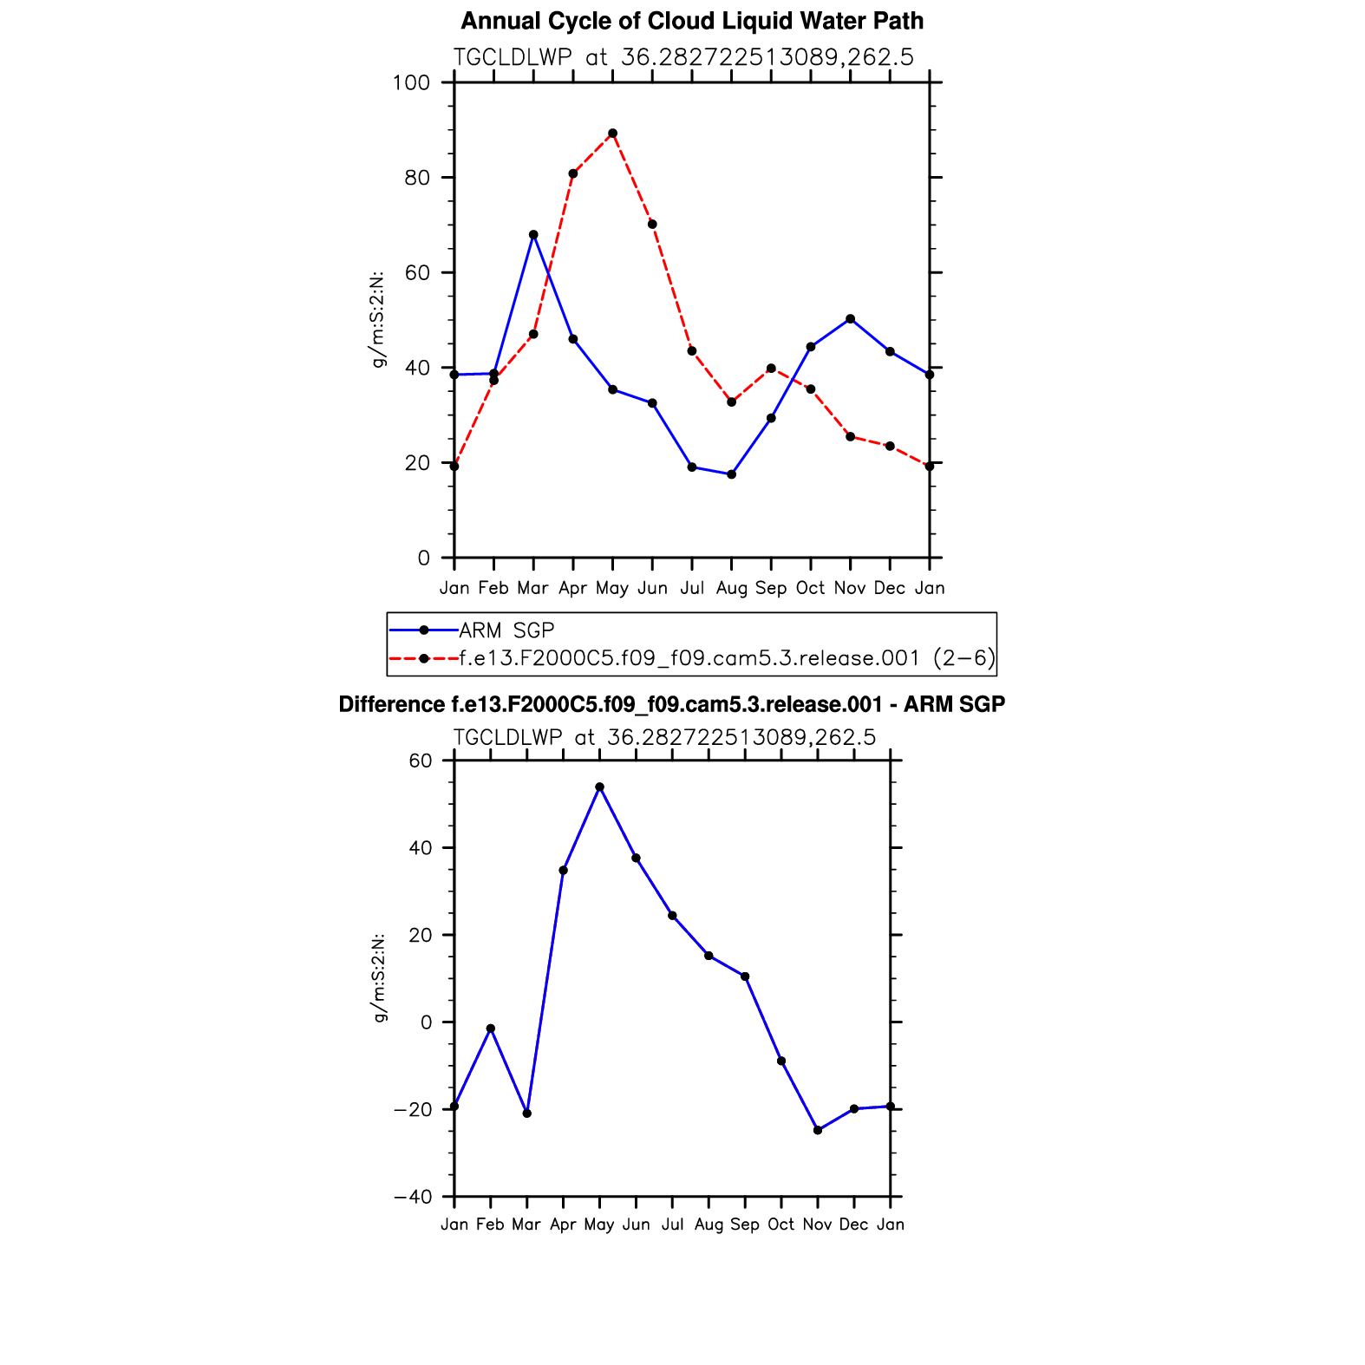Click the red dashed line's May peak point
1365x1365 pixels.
point(612,134)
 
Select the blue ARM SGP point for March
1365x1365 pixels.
point(533,235)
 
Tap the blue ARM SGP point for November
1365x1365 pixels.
point(850,319)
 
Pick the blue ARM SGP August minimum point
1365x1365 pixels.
point(731,474)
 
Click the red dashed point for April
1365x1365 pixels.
point(573,173)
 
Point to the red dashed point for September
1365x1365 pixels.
point(771,369)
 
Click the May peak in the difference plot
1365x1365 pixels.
point(599,787)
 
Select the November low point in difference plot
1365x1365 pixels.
point(818,1130)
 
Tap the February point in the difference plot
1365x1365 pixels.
point(491,1029)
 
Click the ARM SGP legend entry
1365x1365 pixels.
point(506,630)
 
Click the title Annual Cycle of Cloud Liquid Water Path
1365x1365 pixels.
point(692,21)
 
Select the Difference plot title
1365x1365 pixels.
point(671,704)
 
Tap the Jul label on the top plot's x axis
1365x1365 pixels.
point(691,588)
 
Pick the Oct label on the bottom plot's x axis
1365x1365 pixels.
point(780,1225)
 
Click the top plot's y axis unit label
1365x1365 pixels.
point(378,320)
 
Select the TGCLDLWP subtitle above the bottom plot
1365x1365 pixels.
point(664,737)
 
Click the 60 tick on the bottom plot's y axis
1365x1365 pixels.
point(420,761)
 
